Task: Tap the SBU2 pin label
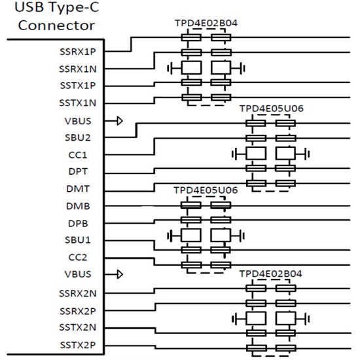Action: pyautogui.click(x=83, y=137)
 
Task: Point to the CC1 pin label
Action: pyautogui.click(x=86, y=154)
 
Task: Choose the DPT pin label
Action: pyautogui.click(x=86, y=171)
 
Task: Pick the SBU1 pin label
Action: pyautogui.click(x=83, y=240)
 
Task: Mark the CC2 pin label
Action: pyautogui.click(x=86, y=257)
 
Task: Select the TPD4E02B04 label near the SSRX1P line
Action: pyautogui.click(x=206, y=24)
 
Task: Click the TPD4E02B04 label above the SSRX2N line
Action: pyautogui.click(x=271, y=273)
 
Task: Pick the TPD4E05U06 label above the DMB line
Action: pyautogui.click(x=206, y=189)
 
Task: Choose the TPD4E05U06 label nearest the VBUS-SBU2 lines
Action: pyautogui.click(x=271, y=107)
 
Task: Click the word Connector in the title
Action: pyautogui.click(x=56, y=26)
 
